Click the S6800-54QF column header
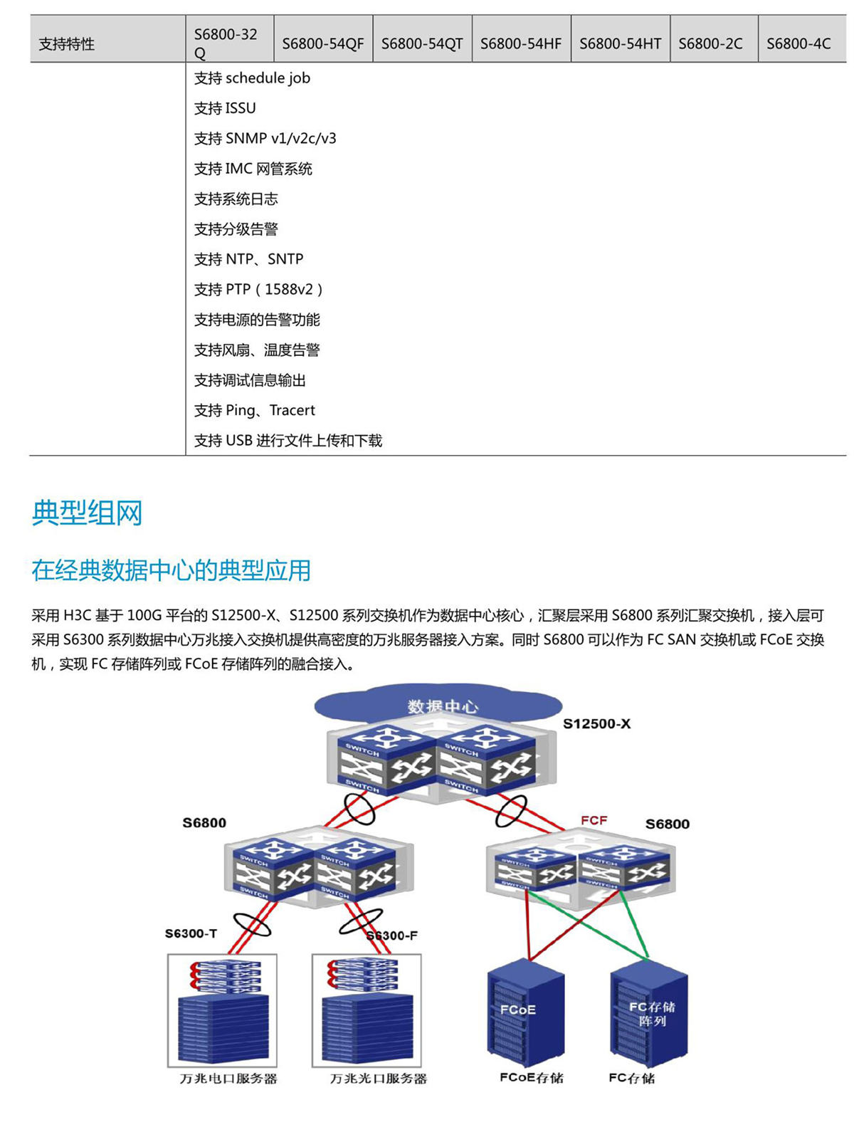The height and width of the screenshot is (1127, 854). tap(322, 43)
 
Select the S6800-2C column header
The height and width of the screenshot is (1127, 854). tap(710, 43)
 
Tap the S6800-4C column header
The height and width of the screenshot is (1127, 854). tap(798, 43)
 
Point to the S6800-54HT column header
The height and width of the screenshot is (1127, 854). tap(620, 43)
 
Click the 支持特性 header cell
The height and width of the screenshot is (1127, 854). tap(66, 44)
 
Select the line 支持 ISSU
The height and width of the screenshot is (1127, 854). tap(225, 108)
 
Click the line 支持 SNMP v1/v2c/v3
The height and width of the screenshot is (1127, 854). tap(265, 138)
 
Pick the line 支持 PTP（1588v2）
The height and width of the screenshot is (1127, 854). tap(259, 289)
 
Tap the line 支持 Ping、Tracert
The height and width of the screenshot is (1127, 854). tap(254, 410)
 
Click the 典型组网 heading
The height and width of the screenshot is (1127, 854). tap(87, 513)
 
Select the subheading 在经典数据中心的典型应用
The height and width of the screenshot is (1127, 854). tap(171, 570)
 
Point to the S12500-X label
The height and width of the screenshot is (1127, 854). tap(596, 724)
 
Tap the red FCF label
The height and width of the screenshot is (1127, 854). tap(594, 820)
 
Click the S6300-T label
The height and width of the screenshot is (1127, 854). tap(191, 933)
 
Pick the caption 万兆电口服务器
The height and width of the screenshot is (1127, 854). tap(228, 1079)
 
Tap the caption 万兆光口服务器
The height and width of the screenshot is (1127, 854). tap(378, 1079)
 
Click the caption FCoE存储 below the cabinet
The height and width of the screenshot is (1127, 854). tap(531, 1078)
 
